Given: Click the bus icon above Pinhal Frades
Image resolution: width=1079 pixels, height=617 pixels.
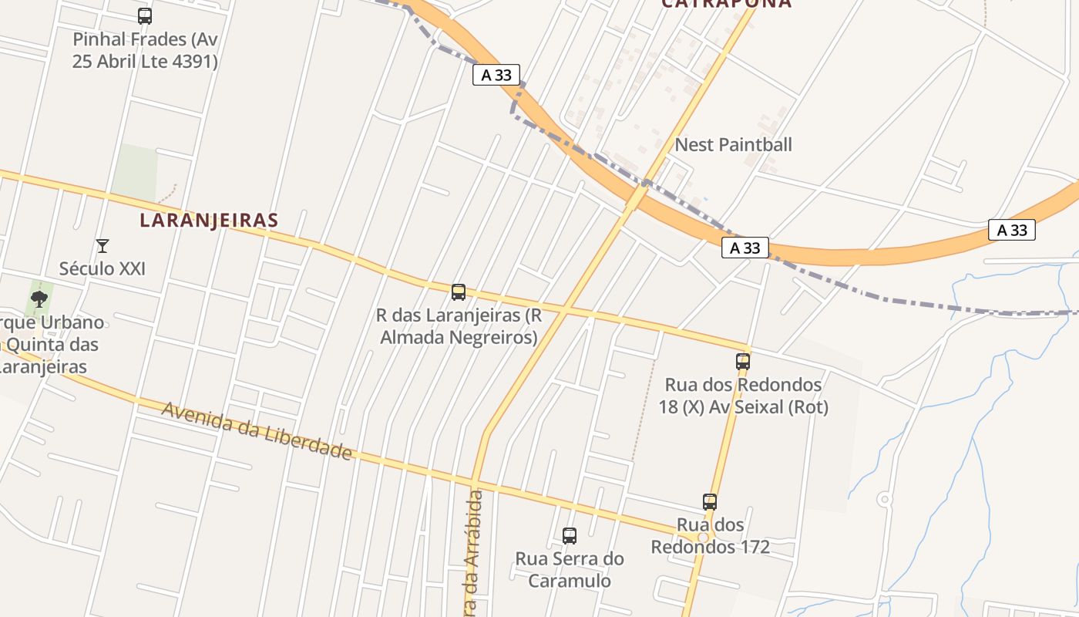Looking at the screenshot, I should click(144, 15).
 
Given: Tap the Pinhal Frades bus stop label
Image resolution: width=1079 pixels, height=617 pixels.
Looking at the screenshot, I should click(145, 50).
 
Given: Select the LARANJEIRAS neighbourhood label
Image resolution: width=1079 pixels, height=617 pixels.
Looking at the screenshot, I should click(208, 220).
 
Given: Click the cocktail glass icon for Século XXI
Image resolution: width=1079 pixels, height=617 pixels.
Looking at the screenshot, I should click(102, 246).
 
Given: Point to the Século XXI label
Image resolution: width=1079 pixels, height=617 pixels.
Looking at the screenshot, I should click(102, 268).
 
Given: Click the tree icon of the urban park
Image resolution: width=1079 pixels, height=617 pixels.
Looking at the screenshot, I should click(39, 298).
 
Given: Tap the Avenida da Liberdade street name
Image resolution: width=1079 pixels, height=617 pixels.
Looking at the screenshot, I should click(256, 430).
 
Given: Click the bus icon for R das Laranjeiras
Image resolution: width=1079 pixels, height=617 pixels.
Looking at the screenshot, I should click(459, 292).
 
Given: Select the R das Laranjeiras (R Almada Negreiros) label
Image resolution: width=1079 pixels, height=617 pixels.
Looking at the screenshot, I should click(459, 325).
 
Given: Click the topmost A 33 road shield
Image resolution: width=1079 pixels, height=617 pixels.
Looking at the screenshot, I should click(496, 75).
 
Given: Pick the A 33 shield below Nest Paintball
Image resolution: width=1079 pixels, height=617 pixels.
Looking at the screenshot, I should click(745, 248).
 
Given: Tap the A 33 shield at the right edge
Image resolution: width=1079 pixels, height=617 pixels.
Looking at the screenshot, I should click(1012, 230).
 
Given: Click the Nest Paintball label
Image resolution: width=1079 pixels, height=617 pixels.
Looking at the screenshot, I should click(733, 144).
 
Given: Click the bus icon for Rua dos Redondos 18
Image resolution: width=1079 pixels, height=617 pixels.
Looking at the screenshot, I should click(742, 361).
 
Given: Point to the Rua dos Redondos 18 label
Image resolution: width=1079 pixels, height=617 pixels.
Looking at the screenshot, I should click(743, 395).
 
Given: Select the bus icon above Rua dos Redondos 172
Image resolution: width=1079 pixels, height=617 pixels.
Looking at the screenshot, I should click(710, 501).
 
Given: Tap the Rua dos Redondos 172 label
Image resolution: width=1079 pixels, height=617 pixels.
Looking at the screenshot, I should click(710, 535).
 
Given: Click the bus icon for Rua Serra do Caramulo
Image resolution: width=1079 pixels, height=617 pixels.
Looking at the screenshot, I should click(570, 535).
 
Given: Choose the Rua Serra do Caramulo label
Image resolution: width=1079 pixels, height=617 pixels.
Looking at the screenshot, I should click(570, 569).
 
